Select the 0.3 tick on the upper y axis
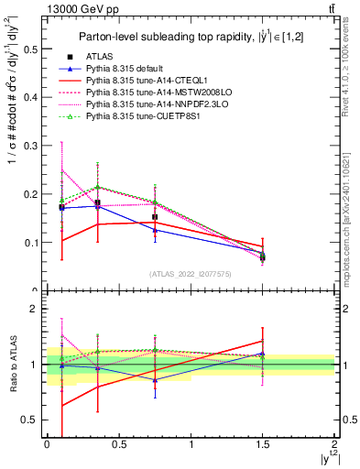pyautogui.click(x=34, y=146)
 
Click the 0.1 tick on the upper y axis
pyautogui.click(x=34, y=243)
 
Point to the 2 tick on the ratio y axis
pyautogui.click(x=37, y=309)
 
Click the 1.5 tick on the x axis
pyautogui.click(x=263, y=444)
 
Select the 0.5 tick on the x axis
pyautogui.click(x=118, y=444)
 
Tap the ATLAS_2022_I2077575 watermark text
pyautogui.click(x=190, y=273)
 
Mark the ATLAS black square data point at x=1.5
pyautogui.click(x=263, y=257)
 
